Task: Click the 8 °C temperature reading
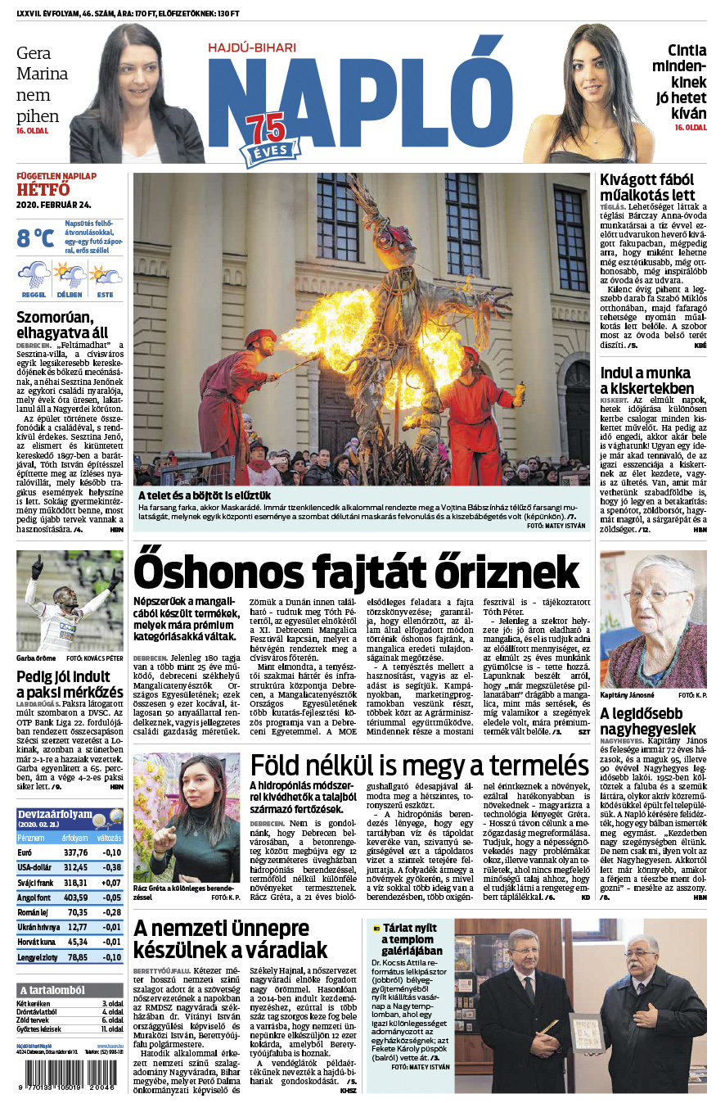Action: coord(36,237)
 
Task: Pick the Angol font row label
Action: coord(34,897)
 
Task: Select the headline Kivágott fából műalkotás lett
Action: coord(647,187)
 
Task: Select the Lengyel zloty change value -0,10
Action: coord(109,956)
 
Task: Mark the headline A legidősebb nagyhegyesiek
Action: coord(647,721)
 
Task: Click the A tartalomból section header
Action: coord(52,989)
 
